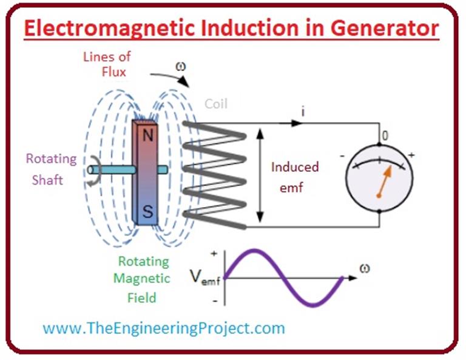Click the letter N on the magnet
tap(147, 135)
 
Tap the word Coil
tap(215, 104)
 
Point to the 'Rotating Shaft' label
tap(51, 169)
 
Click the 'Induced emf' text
tap(295, 177)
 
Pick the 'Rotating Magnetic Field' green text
tap(144, 279)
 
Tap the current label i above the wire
tap(303, 111)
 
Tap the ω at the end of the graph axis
tap(365, 268)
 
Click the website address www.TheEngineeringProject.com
tap(163, 328)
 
